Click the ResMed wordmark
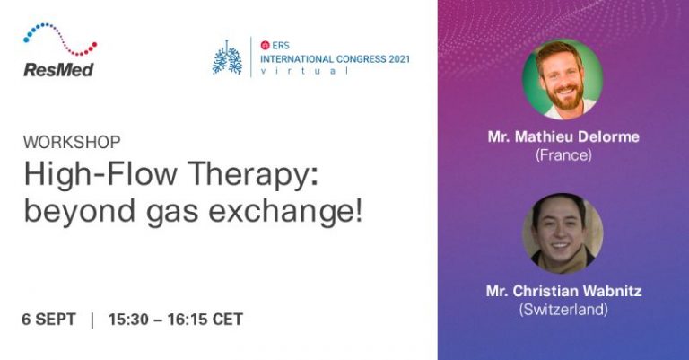point(58,70)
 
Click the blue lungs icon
point(227,57)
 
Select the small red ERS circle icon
point(265,45)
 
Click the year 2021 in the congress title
point(399,59)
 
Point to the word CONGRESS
point(361,59)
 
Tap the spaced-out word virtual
point(304,71)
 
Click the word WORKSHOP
point(72,142)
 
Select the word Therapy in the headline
point(255,175)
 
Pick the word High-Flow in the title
point(100,173)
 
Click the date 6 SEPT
point(48,319)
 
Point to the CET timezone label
point(228,319)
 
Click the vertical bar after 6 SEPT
point(92,320)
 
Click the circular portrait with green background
point(563,79)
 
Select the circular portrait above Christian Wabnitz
point(563,233)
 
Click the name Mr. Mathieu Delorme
point(563,136)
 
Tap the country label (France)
point(563,155)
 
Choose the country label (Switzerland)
point(563,310)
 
